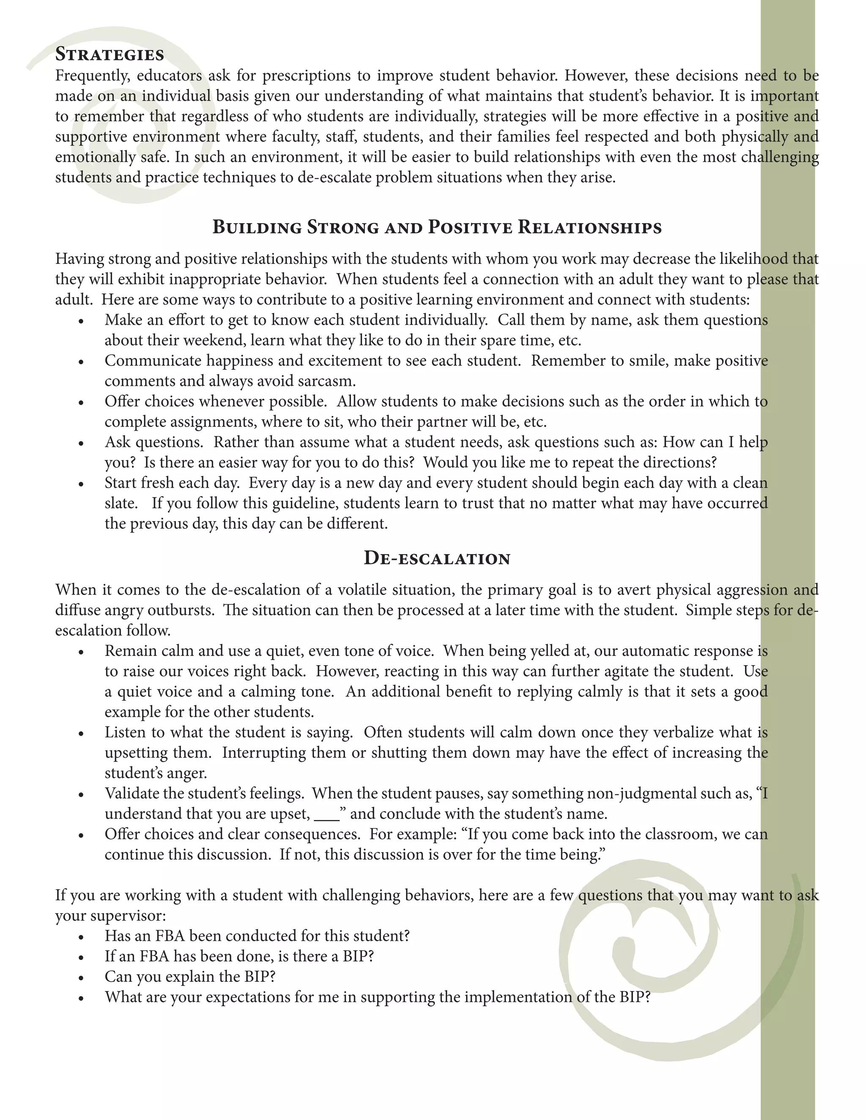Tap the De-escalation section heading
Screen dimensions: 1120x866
point(436,558)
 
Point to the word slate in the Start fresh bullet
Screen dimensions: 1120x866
point(120,504)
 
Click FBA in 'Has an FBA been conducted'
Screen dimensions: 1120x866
point(162,937)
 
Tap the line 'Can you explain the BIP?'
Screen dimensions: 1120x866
point(190,977)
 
